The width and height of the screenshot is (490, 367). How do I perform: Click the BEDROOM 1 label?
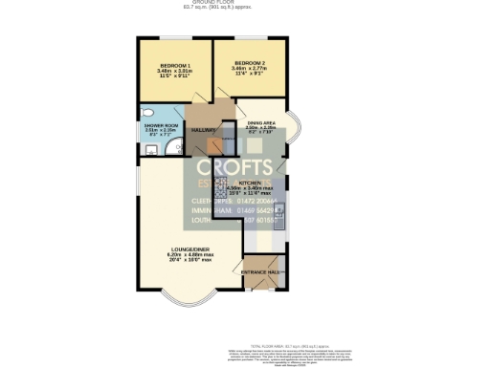[174, 64]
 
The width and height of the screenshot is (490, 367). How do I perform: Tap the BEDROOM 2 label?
[249, 64]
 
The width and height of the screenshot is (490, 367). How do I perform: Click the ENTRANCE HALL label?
[261, 272]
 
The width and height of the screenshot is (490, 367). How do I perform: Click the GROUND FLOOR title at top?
[245, 3]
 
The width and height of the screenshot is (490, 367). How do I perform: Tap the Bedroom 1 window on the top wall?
[174, 39]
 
